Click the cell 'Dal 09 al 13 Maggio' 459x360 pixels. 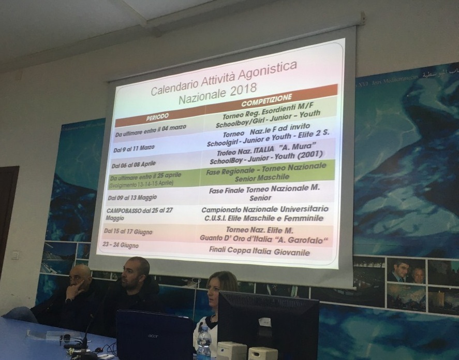coord(133,198)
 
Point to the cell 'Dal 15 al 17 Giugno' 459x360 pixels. coord(128,231)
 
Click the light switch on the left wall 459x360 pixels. coord(15,255)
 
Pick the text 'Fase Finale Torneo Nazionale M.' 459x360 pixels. coord(264,190)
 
